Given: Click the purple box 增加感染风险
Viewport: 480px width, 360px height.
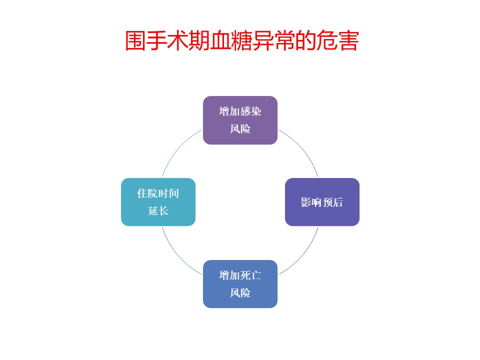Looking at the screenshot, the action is [240, 120].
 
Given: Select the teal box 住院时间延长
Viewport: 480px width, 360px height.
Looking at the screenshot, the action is [158, 202].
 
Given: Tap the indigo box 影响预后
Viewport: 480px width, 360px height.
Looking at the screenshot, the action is [322, 202].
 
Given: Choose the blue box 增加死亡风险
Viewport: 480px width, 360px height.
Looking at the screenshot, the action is [240, 284].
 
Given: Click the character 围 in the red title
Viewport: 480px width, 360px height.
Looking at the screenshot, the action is [135, 40].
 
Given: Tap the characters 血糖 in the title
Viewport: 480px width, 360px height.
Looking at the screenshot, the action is [231, 40].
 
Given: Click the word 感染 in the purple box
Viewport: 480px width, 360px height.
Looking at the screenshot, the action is [250, 111].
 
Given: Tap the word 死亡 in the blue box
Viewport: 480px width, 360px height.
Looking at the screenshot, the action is [250, 275].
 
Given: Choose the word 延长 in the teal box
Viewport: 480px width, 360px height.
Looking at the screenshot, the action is [158, 210].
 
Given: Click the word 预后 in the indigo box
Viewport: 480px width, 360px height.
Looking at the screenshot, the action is [332, 202].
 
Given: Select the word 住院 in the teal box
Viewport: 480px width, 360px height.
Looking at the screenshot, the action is [147, 193].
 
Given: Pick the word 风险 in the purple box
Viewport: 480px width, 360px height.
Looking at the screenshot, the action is [240, 129].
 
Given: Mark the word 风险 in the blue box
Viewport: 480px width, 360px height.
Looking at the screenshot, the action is [240, 293].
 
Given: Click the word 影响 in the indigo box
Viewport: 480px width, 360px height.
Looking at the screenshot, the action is [311, 202].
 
